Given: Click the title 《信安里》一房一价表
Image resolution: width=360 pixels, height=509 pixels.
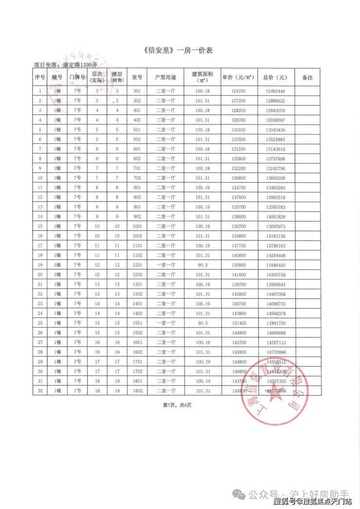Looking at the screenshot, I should [x=180, y=50].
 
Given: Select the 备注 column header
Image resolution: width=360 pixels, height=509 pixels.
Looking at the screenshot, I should [x=307, y=77].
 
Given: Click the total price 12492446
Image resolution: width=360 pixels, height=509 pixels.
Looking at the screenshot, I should [x=275, y=91].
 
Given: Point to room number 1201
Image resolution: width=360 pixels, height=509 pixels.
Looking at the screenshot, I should [x=137, y=265].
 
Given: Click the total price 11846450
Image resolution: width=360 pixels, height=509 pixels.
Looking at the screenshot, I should [x=275, y=265].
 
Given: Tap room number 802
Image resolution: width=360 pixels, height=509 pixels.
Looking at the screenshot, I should [x=137, y=197].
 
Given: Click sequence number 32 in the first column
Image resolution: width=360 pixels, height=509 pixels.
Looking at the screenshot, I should [x=40, y=390].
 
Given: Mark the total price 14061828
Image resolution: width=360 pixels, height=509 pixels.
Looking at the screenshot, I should [x=275, y=217].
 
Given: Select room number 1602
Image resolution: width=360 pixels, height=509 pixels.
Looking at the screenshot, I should [x=137, y=351].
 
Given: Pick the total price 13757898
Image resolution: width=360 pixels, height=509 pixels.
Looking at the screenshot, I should [x=275, y=159].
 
